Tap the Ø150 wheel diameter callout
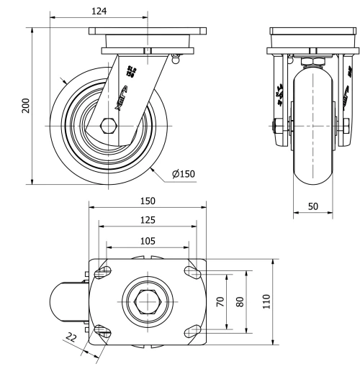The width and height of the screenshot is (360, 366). pyautogui.click(x=184, y=173)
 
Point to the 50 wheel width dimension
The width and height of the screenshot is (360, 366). pyautogui.click(x=314, y=206)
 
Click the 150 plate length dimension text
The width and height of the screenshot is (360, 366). pyautogui.click(x=147, y=201)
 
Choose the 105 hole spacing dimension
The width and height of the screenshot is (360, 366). pyautogui.click(x=147, y=241)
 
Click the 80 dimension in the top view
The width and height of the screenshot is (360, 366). pyautogui.click(x=240, y=301)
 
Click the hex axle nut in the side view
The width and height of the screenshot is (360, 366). pyautogui.click(x=108, y=126)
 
